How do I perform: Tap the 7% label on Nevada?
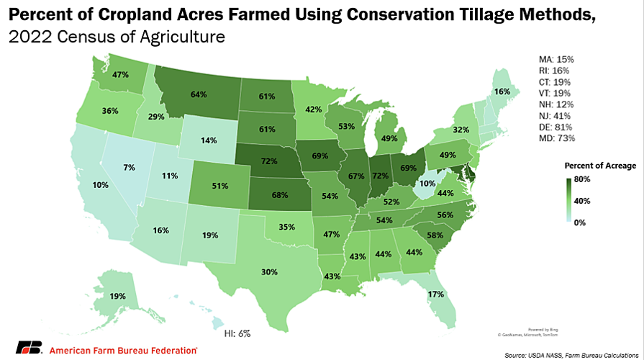click(x=130, y=168)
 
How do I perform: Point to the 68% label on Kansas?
click(x=279, y=194)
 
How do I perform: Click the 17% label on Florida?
click(x=435, y=294)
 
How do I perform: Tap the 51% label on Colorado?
click(x=219, y=185)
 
